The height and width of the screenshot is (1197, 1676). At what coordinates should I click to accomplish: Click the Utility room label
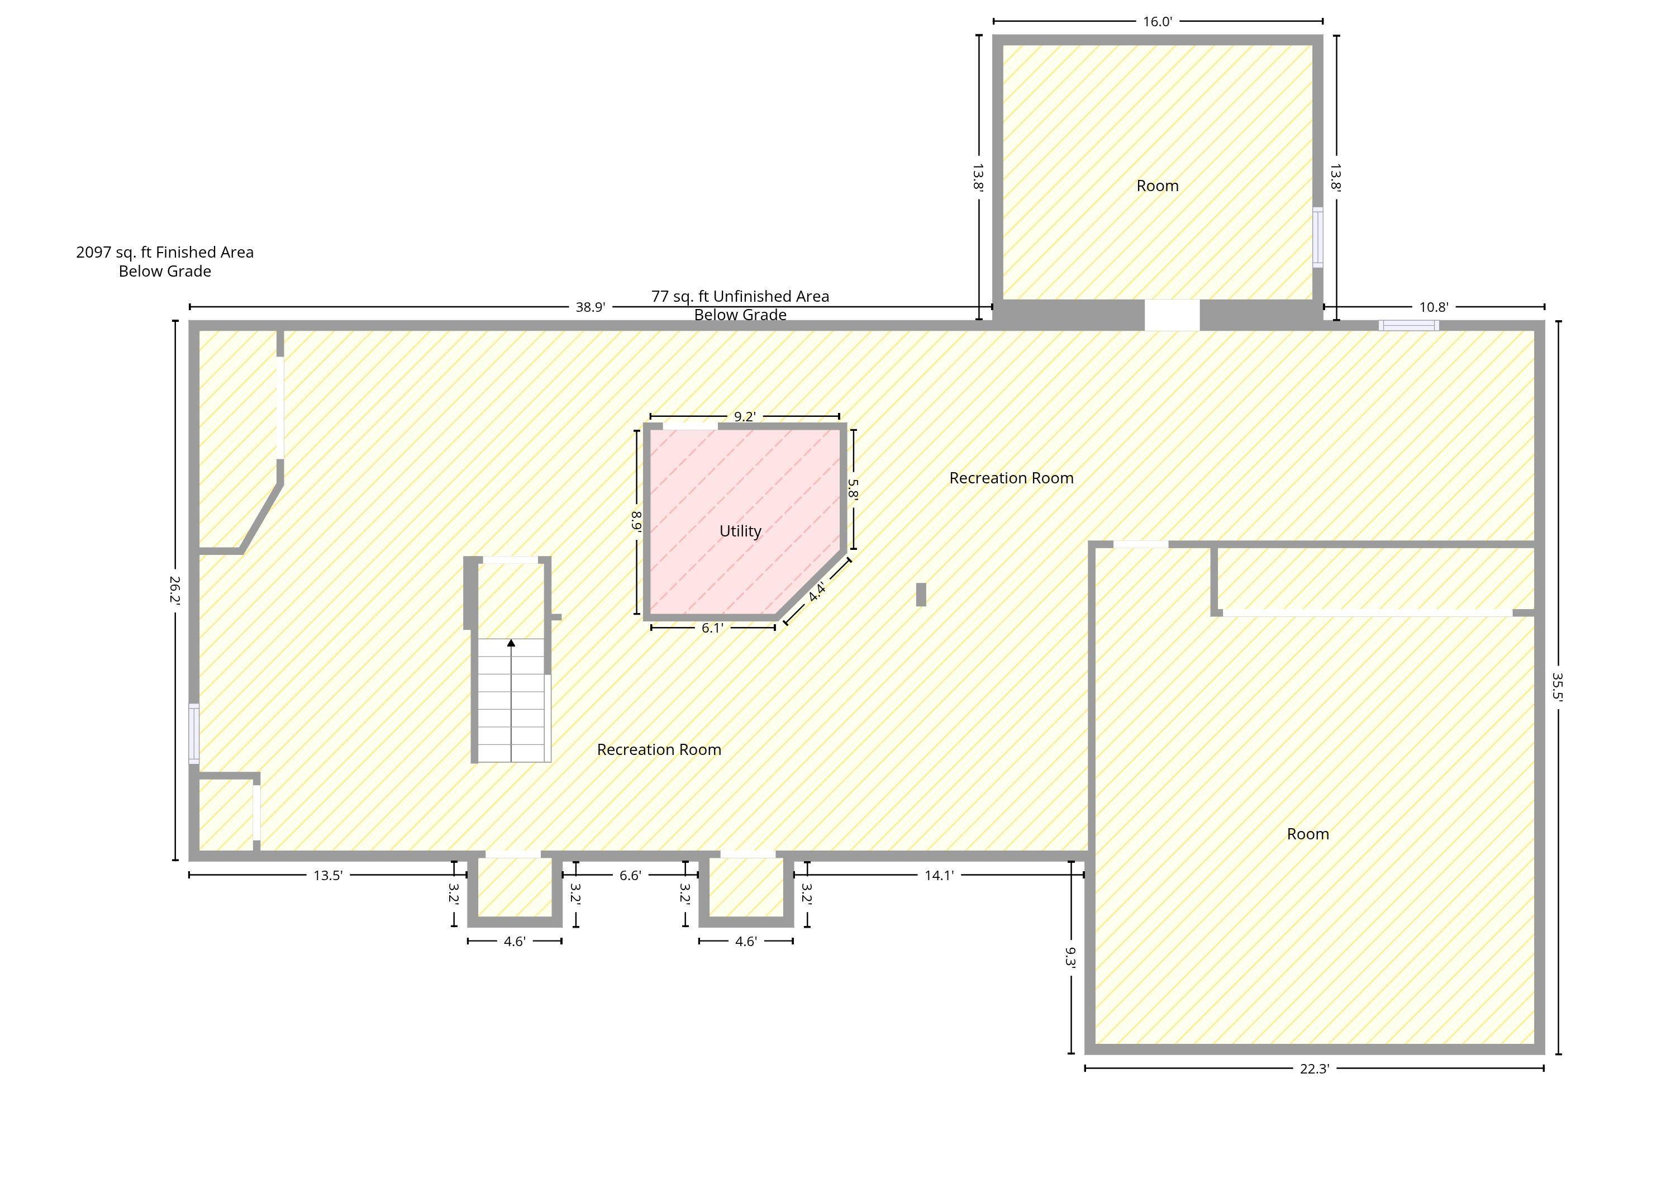point(740,531)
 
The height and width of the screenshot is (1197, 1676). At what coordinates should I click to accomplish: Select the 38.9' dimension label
point(590,307)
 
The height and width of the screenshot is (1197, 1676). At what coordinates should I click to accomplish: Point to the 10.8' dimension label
point(1434,307)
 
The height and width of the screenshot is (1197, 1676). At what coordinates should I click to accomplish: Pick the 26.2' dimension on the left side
point(175,590)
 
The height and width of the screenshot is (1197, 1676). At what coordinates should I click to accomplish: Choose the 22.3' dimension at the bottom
point(1315,1068)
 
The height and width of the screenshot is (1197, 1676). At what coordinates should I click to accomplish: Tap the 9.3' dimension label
point(1070,957)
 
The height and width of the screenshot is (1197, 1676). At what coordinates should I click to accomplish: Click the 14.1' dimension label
point(939,876)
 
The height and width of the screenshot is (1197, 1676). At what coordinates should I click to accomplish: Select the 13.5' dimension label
point(328,876)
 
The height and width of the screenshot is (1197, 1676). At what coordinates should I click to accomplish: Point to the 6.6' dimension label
point(630,876)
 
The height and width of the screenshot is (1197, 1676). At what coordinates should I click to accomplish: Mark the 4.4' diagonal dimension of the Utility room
point(817,592)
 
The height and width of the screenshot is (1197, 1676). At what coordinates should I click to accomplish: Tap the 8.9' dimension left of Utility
point(636,522)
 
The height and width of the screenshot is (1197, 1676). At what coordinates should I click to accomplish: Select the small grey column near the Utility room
point(921,595)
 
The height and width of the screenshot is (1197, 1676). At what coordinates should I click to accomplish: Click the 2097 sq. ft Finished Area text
point(165,253)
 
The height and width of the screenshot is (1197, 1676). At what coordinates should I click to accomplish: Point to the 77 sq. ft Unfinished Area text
point(740,296)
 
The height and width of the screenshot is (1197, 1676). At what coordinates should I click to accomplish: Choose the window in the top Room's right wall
point(1318,237)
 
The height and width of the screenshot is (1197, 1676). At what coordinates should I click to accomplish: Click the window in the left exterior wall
point(194,733)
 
